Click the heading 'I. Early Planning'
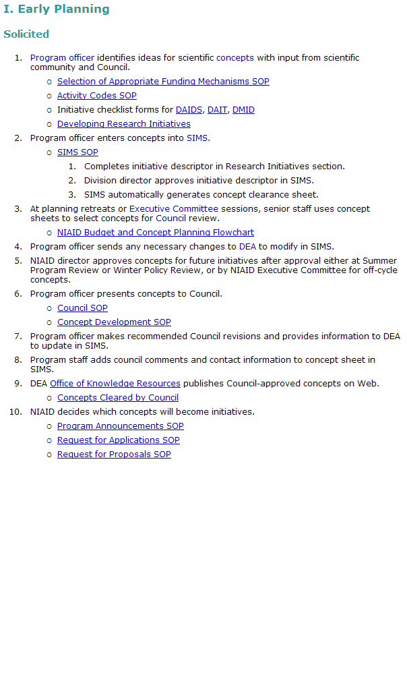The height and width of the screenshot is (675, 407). click(x=56, y=9)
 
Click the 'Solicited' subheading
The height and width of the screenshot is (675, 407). click(x=26, y=34)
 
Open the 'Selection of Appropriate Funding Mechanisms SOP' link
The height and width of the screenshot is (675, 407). click(x=163, y=82)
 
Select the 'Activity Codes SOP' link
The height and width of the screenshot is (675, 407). click(x=96, y=96)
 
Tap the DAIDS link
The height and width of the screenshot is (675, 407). click(x=189, y=110)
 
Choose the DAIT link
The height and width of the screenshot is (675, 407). click(x=217, y=110)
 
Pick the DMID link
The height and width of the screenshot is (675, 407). click(x=243, y=110)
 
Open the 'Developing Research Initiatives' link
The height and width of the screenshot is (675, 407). click(x=123, y=124)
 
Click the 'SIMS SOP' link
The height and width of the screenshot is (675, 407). click(x=77, y=152)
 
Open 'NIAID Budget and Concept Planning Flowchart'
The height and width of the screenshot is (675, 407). click(x=155, y=233)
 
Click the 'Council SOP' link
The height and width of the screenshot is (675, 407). click(x=82, y=308)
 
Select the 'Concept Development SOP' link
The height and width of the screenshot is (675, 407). click(x=114, y=322)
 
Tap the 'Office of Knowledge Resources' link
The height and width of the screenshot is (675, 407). click(x=115, y=384)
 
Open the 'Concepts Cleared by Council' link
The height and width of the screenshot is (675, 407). click(x=117, y=398)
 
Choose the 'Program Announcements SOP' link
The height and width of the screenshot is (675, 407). click(x=120, y=426)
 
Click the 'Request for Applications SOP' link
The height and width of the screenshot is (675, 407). click(x=118, y=440)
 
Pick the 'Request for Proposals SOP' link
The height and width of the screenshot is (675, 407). click(x=114, y=454)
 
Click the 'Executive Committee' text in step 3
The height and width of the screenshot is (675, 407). click(x=174, y=209)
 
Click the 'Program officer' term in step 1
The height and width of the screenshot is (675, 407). click(x=62, y=58)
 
